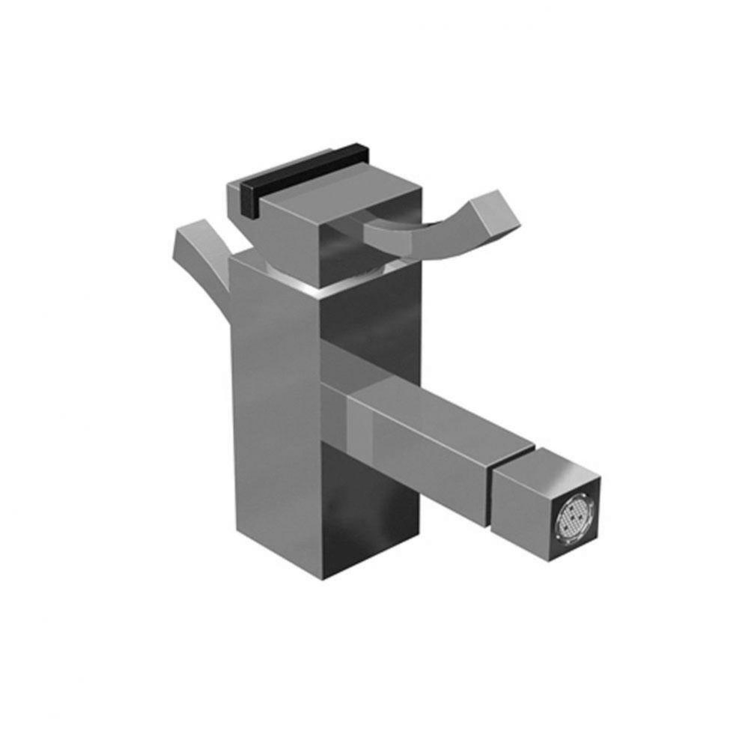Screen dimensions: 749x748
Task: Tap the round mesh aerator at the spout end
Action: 574,516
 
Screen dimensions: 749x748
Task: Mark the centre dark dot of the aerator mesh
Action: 574,516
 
